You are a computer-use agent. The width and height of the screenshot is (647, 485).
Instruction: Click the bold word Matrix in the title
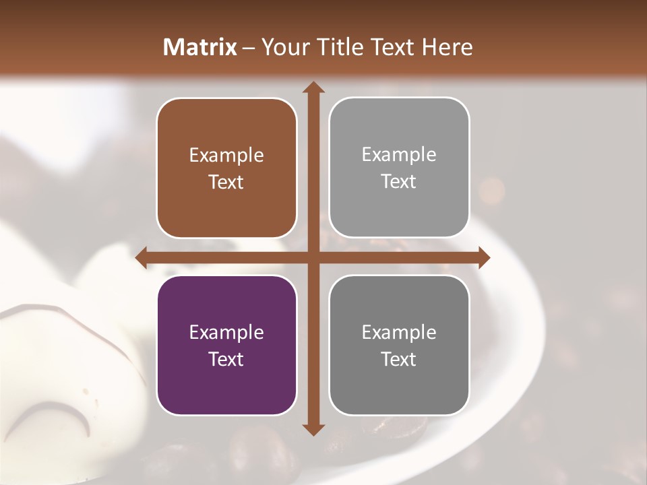tap(200, 47)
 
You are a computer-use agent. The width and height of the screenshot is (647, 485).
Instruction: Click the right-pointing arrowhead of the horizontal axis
tap(483, 257)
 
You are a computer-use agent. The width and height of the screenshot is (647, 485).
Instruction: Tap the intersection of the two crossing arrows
tap(312, 257)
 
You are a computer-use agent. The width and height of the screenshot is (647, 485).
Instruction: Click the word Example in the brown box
tap(226, 156)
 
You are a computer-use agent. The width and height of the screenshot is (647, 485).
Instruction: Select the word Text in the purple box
tap(226, 359)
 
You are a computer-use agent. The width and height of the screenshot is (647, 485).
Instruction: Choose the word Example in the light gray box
tap(399, 155)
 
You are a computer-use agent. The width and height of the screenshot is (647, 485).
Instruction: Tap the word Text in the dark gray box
tap(399, 359)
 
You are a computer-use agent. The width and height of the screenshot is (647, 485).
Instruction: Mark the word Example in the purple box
tap(226, 333)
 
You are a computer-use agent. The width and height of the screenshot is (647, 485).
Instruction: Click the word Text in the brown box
tap(226, 182)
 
